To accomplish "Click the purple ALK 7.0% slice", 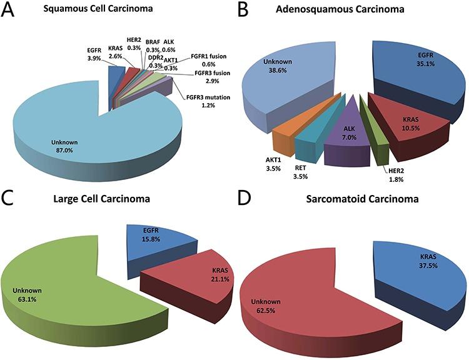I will click(348, 136).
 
